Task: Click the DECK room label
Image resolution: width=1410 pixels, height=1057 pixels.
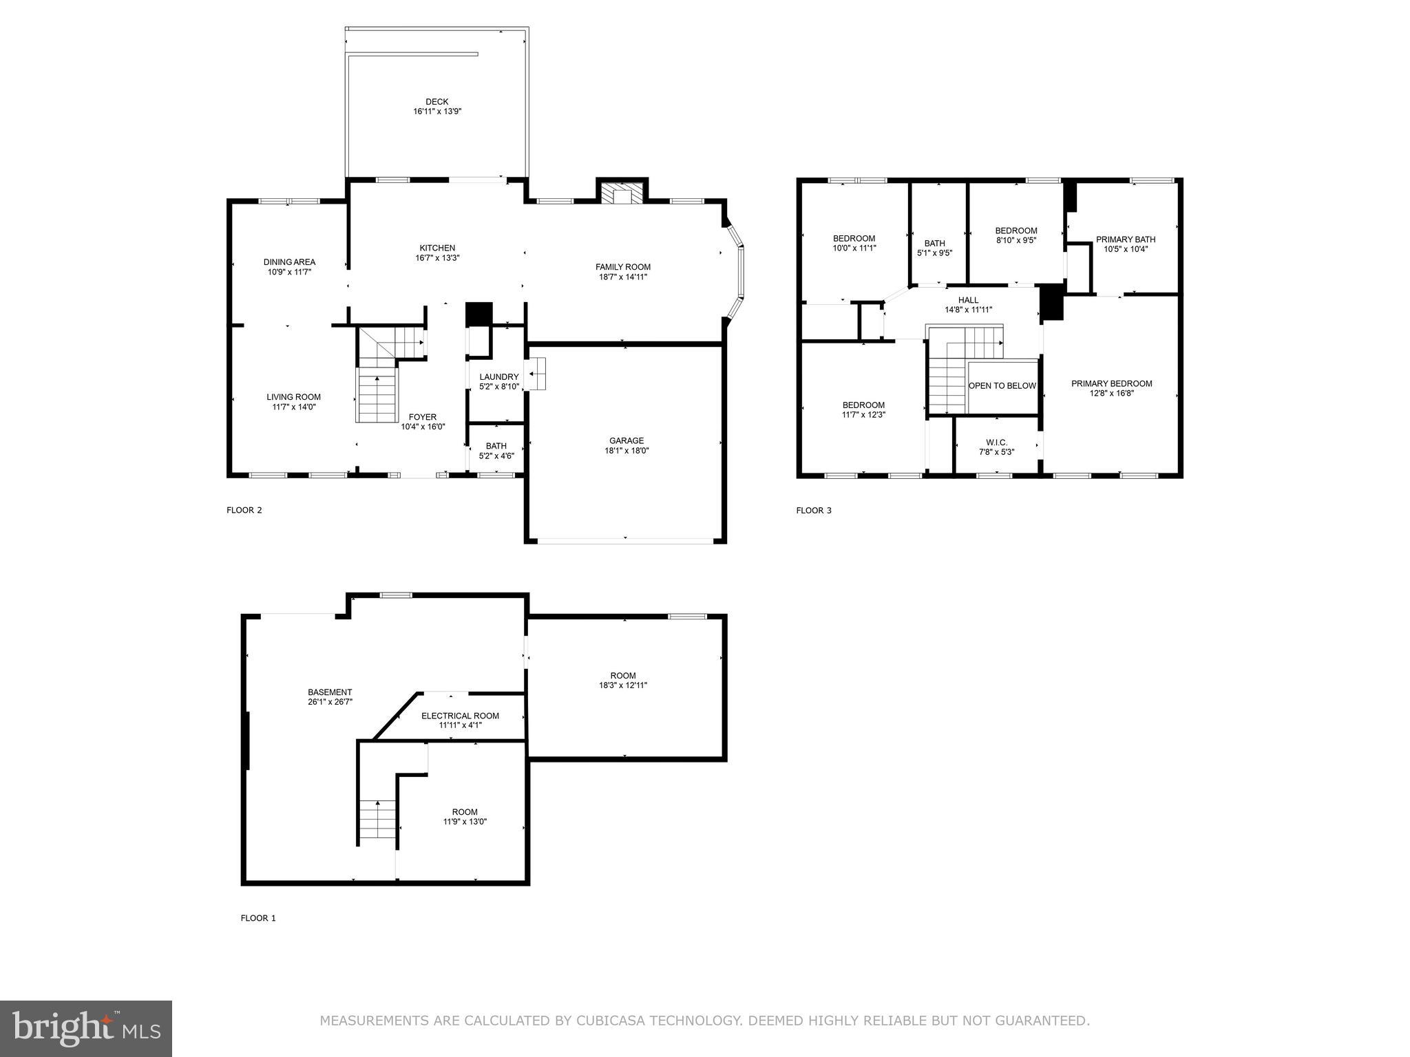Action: point(436,102)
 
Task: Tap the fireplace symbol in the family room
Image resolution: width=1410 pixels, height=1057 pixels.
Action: point(622,193)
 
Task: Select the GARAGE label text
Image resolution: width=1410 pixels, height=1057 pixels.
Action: point(626,441)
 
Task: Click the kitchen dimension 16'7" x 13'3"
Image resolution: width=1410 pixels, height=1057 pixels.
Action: point(437,258)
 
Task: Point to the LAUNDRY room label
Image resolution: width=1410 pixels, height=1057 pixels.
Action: point(498,377)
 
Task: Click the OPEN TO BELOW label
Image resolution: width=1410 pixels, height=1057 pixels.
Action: point(1002,386)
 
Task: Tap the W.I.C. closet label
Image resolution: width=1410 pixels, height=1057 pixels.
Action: point(996,442)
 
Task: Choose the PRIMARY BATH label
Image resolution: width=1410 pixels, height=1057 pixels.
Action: point(1125,239)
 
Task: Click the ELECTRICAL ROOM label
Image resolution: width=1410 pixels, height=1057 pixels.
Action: point(460,716)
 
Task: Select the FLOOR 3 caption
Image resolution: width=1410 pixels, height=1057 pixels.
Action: point(814,511)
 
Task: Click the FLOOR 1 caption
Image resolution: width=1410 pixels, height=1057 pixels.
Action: point(258,918)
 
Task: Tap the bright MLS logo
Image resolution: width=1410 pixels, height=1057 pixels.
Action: point(86,1028)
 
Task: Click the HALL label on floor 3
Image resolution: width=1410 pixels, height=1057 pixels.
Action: point(968,300)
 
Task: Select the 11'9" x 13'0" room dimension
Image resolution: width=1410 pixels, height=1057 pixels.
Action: point(465,822)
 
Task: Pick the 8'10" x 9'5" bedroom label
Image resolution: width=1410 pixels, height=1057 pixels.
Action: point(1016,240)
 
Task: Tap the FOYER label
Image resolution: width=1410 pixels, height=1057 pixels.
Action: point(422,417)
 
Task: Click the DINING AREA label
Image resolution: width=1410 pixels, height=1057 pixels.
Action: point(289,262)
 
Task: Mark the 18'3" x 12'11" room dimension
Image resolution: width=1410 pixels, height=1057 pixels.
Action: point(622,685)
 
